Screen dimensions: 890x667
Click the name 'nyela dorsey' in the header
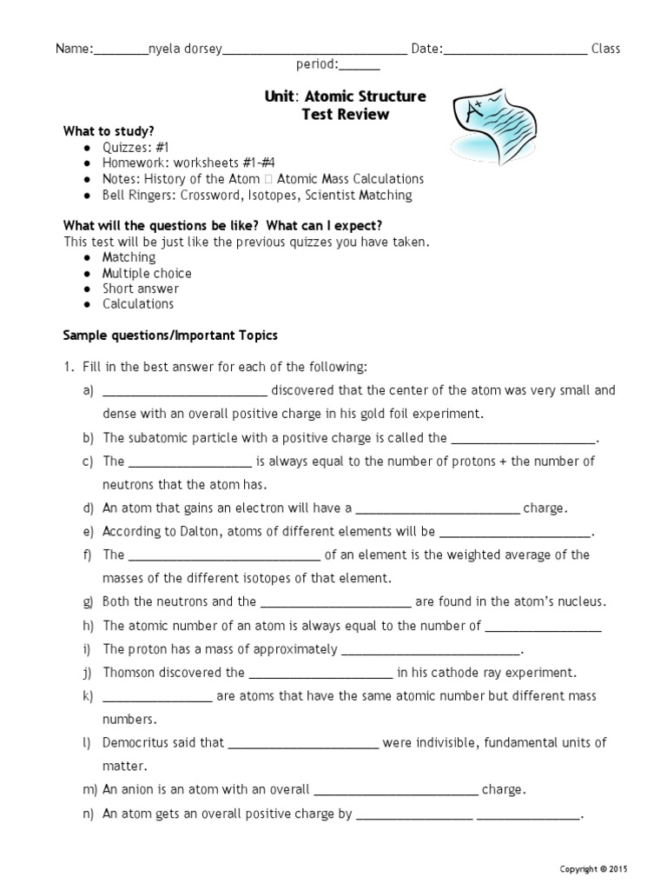click(186, 49)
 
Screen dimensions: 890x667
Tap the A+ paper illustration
click(490, 121)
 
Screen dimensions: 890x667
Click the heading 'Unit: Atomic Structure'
click(345, 96)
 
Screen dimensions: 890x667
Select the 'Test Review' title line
click(345, 114)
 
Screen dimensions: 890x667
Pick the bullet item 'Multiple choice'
click(147, 273)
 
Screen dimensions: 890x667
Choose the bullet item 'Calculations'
click(137, 304)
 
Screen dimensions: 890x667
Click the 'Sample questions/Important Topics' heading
click(170, 335)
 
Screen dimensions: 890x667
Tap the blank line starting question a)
click(184, 391)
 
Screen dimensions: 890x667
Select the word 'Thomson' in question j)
click(130, 672)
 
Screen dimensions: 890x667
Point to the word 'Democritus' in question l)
click(137, 743)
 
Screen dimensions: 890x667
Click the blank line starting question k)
click(157, 696)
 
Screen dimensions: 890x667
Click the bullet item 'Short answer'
click(141, 289)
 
